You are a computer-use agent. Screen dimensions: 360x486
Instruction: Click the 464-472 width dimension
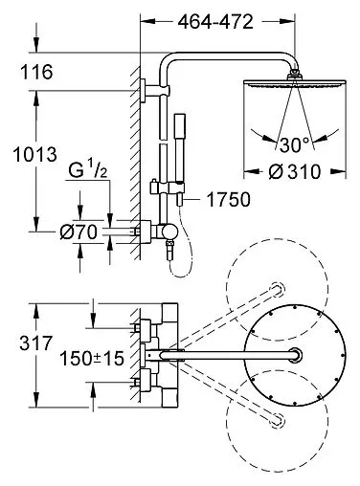pyautogui.click(x=215, y=22)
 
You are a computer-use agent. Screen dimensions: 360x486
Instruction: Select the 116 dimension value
pyautogui.click(x=36, y=72)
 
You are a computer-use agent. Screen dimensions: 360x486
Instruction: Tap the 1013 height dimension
pyautogui.click(x=35, y=154)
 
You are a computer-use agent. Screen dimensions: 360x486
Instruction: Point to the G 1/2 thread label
pyautogui.click(x=88, y=171)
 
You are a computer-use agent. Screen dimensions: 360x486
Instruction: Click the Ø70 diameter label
pyautogui.click(x=79, y=232)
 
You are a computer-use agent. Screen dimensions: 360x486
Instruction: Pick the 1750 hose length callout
pyautogui.click(x=229, y=200)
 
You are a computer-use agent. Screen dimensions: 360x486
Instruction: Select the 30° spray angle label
pyautogui.click(x=295, y=145)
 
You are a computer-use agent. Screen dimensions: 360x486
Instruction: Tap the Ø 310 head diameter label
pyautogui.click(x=294, y=172)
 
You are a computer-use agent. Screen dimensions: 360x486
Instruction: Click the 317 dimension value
pyautogui.click(x=35, y=343)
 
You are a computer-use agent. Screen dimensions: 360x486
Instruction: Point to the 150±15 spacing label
pyautogui.click(x=92, y=358)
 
